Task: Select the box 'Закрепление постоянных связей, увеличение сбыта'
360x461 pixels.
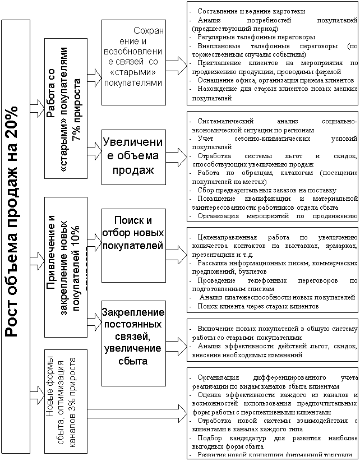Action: coord(133,336)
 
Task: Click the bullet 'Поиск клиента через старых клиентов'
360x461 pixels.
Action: coord(259,306)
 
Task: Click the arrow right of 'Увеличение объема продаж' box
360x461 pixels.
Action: coord(176,155)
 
